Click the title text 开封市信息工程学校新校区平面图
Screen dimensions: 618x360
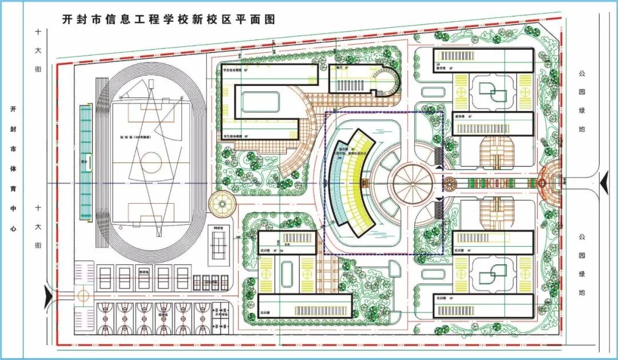(x=169, y=19)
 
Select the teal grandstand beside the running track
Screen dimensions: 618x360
(x=85, y=162)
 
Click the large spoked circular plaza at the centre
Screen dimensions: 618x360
(x=413, y=184)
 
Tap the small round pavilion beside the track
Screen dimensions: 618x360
(x=220, y=203)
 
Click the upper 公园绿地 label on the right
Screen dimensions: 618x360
(x=582, y=101)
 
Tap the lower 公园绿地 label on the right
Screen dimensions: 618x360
(x=582, y=264)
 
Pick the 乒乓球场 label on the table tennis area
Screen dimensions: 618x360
(x=221, y=315)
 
